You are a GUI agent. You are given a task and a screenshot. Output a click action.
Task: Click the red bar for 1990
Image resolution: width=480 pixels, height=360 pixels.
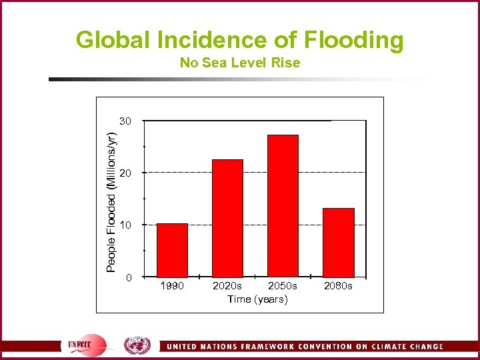[x=172, y=250]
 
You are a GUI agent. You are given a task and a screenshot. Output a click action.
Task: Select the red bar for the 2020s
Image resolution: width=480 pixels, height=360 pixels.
[x=227, y=218]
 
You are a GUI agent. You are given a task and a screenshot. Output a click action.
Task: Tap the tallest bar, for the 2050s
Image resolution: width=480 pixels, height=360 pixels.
[x=283, y=205]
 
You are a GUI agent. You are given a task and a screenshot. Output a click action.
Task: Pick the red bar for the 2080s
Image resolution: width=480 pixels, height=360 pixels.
[x=338, y=242]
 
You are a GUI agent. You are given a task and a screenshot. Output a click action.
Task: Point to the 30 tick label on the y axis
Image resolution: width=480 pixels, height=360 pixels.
[x=126, y=121]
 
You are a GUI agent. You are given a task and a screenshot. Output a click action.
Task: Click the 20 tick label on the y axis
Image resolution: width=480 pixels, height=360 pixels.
[x=126, y=173]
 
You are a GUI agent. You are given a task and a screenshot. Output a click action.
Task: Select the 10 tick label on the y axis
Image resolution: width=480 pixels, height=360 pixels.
[x=126, y=225]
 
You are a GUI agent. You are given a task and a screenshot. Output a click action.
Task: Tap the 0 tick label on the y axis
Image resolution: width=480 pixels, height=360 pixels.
[x=129, y=277]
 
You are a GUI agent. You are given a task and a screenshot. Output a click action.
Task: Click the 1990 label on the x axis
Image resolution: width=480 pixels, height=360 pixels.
[x=172, y=286]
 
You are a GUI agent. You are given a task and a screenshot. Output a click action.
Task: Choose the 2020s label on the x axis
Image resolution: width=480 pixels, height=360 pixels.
[x=227, y=286]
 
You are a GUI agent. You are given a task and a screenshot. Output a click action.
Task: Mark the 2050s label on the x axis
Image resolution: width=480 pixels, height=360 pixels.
[x=283, y=286]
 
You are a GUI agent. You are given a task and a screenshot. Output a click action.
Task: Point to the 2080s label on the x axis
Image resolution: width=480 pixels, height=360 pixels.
[x=338, y=286]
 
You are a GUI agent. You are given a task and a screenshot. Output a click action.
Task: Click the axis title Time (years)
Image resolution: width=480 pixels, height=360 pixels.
[x=257, y=299]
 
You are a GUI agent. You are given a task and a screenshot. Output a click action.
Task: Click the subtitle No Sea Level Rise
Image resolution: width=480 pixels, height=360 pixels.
[x=240, y=63]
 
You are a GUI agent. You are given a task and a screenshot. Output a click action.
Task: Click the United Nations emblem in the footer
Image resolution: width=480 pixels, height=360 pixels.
[x=137, y=345]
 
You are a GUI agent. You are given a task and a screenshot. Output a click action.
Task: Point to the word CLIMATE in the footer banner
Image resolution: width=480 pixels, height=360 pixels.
[x=379, y=347]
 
